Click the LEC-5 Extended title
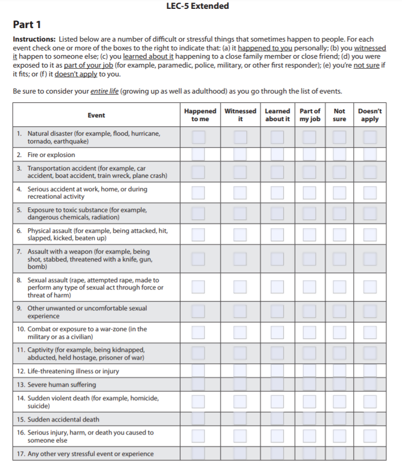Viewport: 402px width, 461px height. coord(201,6)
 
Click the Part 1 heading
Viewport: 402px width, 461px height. coord(27,24)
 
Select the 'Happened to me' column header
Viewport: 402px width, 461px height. coord(200,115)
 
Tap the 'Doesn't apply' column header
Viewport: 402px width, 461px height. coord(370,115)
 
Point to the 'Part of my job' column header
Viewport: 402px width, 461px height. coord(310,115)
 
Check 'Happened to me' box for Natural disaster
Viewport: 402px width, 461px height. coord(198,137)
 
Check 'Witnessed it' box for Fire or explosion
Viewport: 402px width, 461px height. coord(240,154)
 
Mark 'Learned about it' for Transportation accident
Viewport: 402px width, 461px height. coord(277,172)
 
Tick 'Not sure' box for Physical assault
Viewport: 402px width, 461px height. coord(339,234)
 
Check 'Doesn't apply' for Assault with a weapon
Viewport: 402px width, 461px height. coord(370,259)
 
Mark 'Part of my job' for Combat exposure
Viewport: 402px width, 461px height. coord(310,333)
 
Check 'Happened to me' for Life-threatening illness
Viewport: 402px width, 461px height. coord(198,371)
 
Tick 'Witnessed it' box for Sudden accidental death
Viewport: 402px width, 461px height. coord(240,419)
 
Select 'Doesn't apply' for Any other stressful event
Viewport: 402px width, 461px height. coord(370,453)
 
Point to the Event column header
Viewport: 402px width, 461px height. coord(96,115)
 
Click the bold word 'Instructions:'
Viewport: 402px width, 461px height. coord(34,39)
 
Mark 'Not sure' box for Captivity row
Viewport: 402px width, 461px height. coord(339,353)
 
